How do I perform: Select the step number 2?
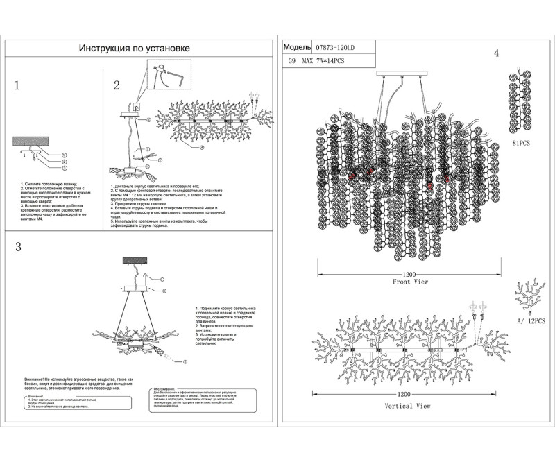pyautogui.click(x=117, y=85)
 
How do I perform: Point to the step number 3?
pyautogui.click(x=18, y=247)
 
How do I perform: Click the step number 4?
pyautogui.click(x=496, y=54)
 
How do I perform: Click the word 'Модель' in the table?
pyautogui.click(x=297, y=48)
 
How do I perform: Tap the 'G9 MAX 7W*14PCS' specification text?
pyautogui.click(x=316, y=61)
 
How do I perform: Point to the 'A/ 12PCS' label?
pyautogui.click(x=530, y=323)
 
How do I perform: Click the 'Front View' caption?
pyautogui.click(x=410, y=282)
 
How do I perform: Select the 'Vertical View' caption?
pyautogui.click(x=407, y=406)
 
